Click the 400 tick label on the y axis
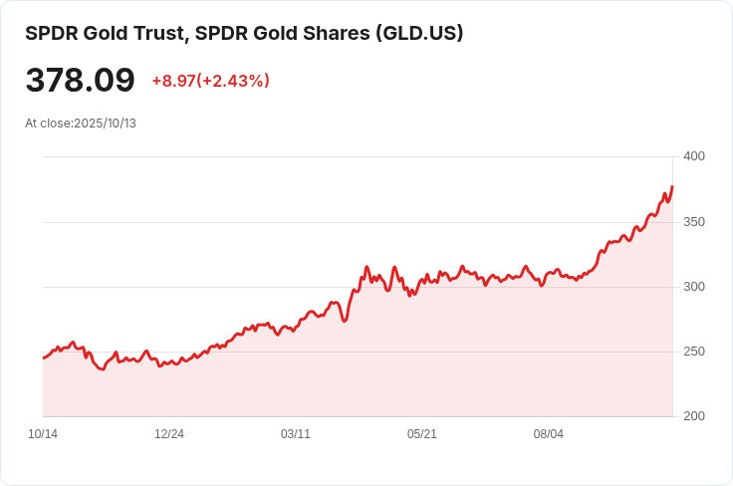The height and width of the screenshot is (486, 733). click(x=693, y=156)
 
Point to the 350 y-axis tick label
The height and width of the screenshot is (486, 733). click(x=693, y=222)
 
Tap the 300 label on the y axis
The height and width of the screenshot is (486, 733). click(x=693, y=287)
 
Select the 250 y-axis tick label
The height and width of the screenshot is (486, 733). click(x=693, y=352)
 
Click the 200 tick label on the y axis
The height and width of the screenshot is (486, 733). click(x=693, y=416)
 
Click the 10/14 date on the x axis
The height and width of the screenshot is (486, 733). click(x=43, y=434)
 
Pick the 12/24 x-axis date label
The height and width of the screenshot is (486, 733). click(x=169, y=434)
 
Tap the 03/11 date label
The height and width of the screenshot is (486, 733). click(x=296, y=434)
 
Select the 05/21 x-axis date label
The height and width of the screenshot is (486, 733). click(x=422, y=434)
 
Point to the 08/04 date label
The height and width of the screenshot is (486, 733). click(x=549, y=434)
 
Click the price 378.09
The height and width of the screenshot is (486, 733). click(x=80, y=80)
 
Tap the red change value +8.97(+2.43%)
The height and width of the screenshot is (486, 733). click(x=210, y=81)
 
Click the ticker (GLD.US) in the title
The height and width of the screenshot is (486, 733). click(x=418, y=33)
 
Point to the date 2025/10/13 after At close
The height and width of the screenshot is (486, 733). click(x=105, y=123)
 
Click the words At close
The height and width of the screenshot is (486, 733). click(x=47, y=123)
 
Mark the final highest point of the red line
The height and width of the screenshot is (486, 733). click(x=672, y=186)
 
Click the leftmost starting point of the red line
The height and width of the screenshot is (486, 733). click(x=44, y=358)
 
